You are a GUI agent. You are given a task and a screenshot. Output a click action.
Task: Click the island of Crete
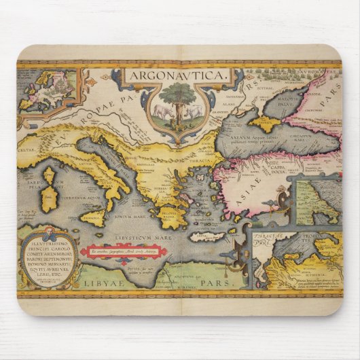206,237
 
